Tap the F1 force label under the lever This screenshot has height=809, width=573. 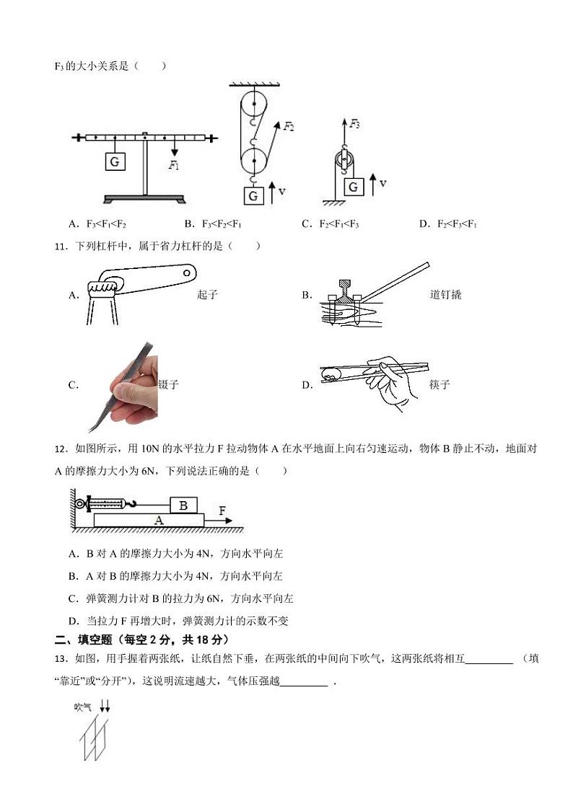(174, 165)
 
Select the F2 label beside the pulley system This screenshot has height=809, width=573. (288, 126)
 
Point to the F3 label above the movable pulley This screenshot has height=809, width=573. (354, 124)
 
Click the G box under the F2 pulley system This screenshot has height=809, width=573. (253, 195)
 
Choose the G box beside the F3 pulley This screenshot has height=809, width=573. (353, 187)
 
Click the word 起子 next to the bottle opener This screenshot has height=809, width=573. (207, 295)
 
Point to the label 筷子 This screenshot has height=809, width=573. (439, 385)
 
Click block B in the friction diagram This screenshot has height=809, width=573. (183, 505)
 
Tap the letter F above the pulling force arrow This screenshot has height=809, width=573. (222, 510)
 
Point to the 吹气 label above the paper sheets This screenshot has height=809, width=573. (83, 707)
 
